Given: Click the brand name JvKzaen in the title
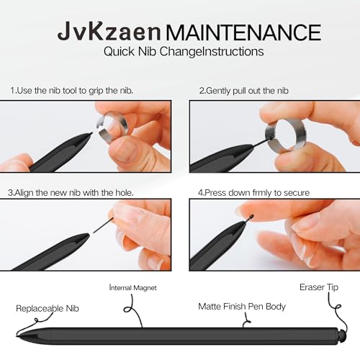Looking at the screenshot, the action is click(x=109, y=32).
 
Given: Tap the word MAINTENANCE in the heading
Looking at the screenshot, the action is click(x=243, y=32).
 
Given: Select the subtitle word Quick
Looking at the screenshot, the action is click(x=119, y=52).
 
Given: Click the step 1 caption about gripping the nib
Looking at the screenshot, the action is click(x=71, y=91).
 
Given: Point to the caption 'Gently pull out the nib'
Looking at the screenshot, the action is click(x=243, y=91).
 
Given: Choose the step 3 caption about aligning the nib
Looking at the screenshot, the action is click(x=71, y=193).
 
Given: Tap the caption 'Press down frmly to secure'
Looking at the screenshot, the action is click(x=253, y=193).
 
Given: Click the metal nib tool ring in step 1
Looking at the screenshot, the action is click(x=111, y=127).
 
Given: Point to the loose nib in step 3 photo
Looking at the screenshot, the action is click(x=103, y=225).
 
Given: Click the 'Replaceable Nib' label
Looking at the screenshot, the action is click(x=48, y=308).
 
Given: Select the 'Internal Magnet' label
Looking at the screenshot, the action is click(x=132, y=287).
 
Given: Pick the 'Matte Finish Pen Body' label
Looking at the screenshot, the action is click(x=242, y=307).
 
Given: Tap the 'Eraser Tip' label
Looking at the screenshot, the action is click(x=319, y=287).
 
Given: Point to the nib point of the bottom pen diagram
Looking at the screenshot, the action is click(x=17, y=336).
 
